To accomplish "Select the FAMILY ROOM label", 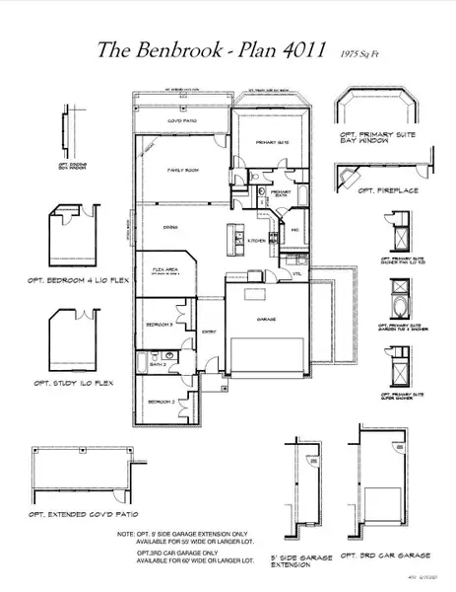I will point(182,171).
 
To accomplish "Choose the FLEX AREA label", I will point(164,268).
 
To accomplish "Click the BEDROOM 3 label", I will point(160,324).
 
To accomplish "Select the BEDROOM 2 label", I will point(160,402).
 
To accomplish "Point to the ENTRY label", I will point(209,332).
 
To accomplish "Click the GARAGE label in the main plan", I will point(266,320).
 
